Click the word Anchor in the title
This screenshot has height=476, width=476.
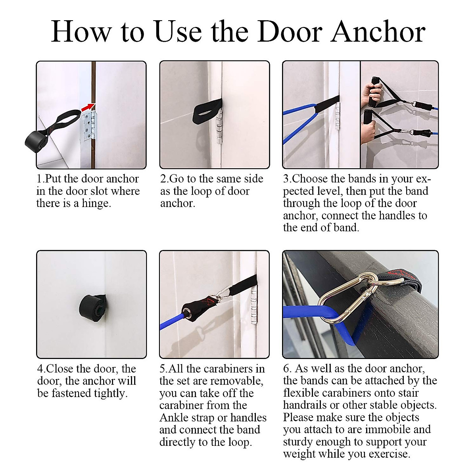[378, 33]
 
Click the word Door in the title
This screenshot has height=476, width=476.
[290, 33]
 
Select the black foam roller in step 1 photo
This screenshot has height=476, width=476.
[37, 142]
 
